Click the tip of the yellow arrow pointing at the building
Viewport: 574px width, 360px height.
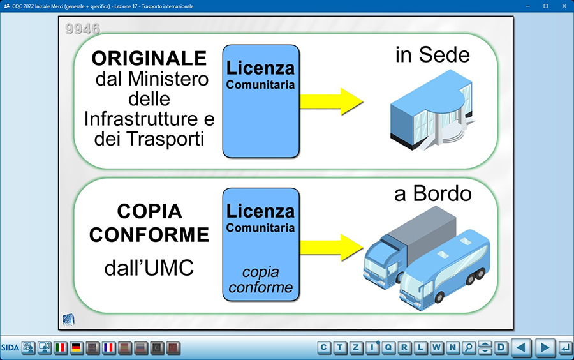point(363,101)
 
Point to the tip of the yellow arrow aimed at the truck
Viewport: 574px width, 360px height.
point(363,248)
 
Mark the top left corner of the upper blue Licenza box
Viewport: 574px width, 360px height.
point(223,45)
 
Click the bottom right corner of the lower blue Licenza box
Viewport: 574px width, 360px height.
point(300,301)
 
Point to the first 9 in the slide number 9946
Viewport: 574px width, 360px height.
point(70,29)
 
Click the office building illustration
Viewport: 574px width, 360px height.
point(432,110)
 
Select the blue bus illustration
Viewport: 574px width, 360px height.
point(445,270)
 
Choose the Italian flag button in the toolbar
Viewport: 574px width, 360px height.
point(61,347)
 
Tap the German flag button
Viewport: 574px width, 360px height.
point(76,347)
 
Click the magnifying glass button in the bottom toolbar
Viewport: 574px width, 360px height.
point(469,347)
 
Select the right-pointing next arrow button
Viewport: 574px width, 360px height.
point(545,347)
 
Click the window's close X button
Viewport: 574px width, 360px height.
point(564,6)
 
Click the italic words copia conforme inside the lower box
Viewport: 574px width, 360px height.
point(261,280)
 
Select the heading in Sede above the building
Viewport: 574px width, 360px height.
point(432,55)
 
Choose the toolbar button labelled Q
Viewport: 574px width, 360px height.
point(388,347)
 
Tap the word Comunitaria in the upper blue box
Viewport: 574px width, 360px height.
point(260,85)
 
